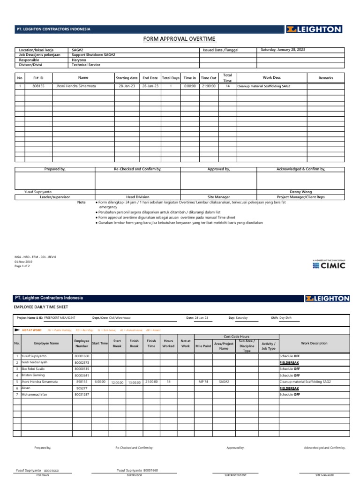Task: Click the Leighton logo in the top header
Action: coord(314,30)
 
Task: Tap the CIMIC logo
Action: coord(329,265)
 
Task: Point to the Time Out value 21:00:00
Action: coord(209,86)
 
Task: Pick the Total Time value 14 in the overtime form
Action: coord(227,86)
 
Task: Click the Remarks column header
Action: coord(325,77)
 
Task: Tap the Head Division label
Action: coord(138,197)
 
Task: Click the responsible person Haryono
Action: coord(79,60)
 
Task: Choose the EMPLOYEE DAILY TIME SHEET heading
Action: coord(41,307)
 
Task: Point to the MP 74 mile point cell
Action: coord(203,382)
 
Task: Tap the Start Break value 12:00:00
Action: coord(117,382)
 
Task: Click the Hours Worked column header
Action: coord(168,344)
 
